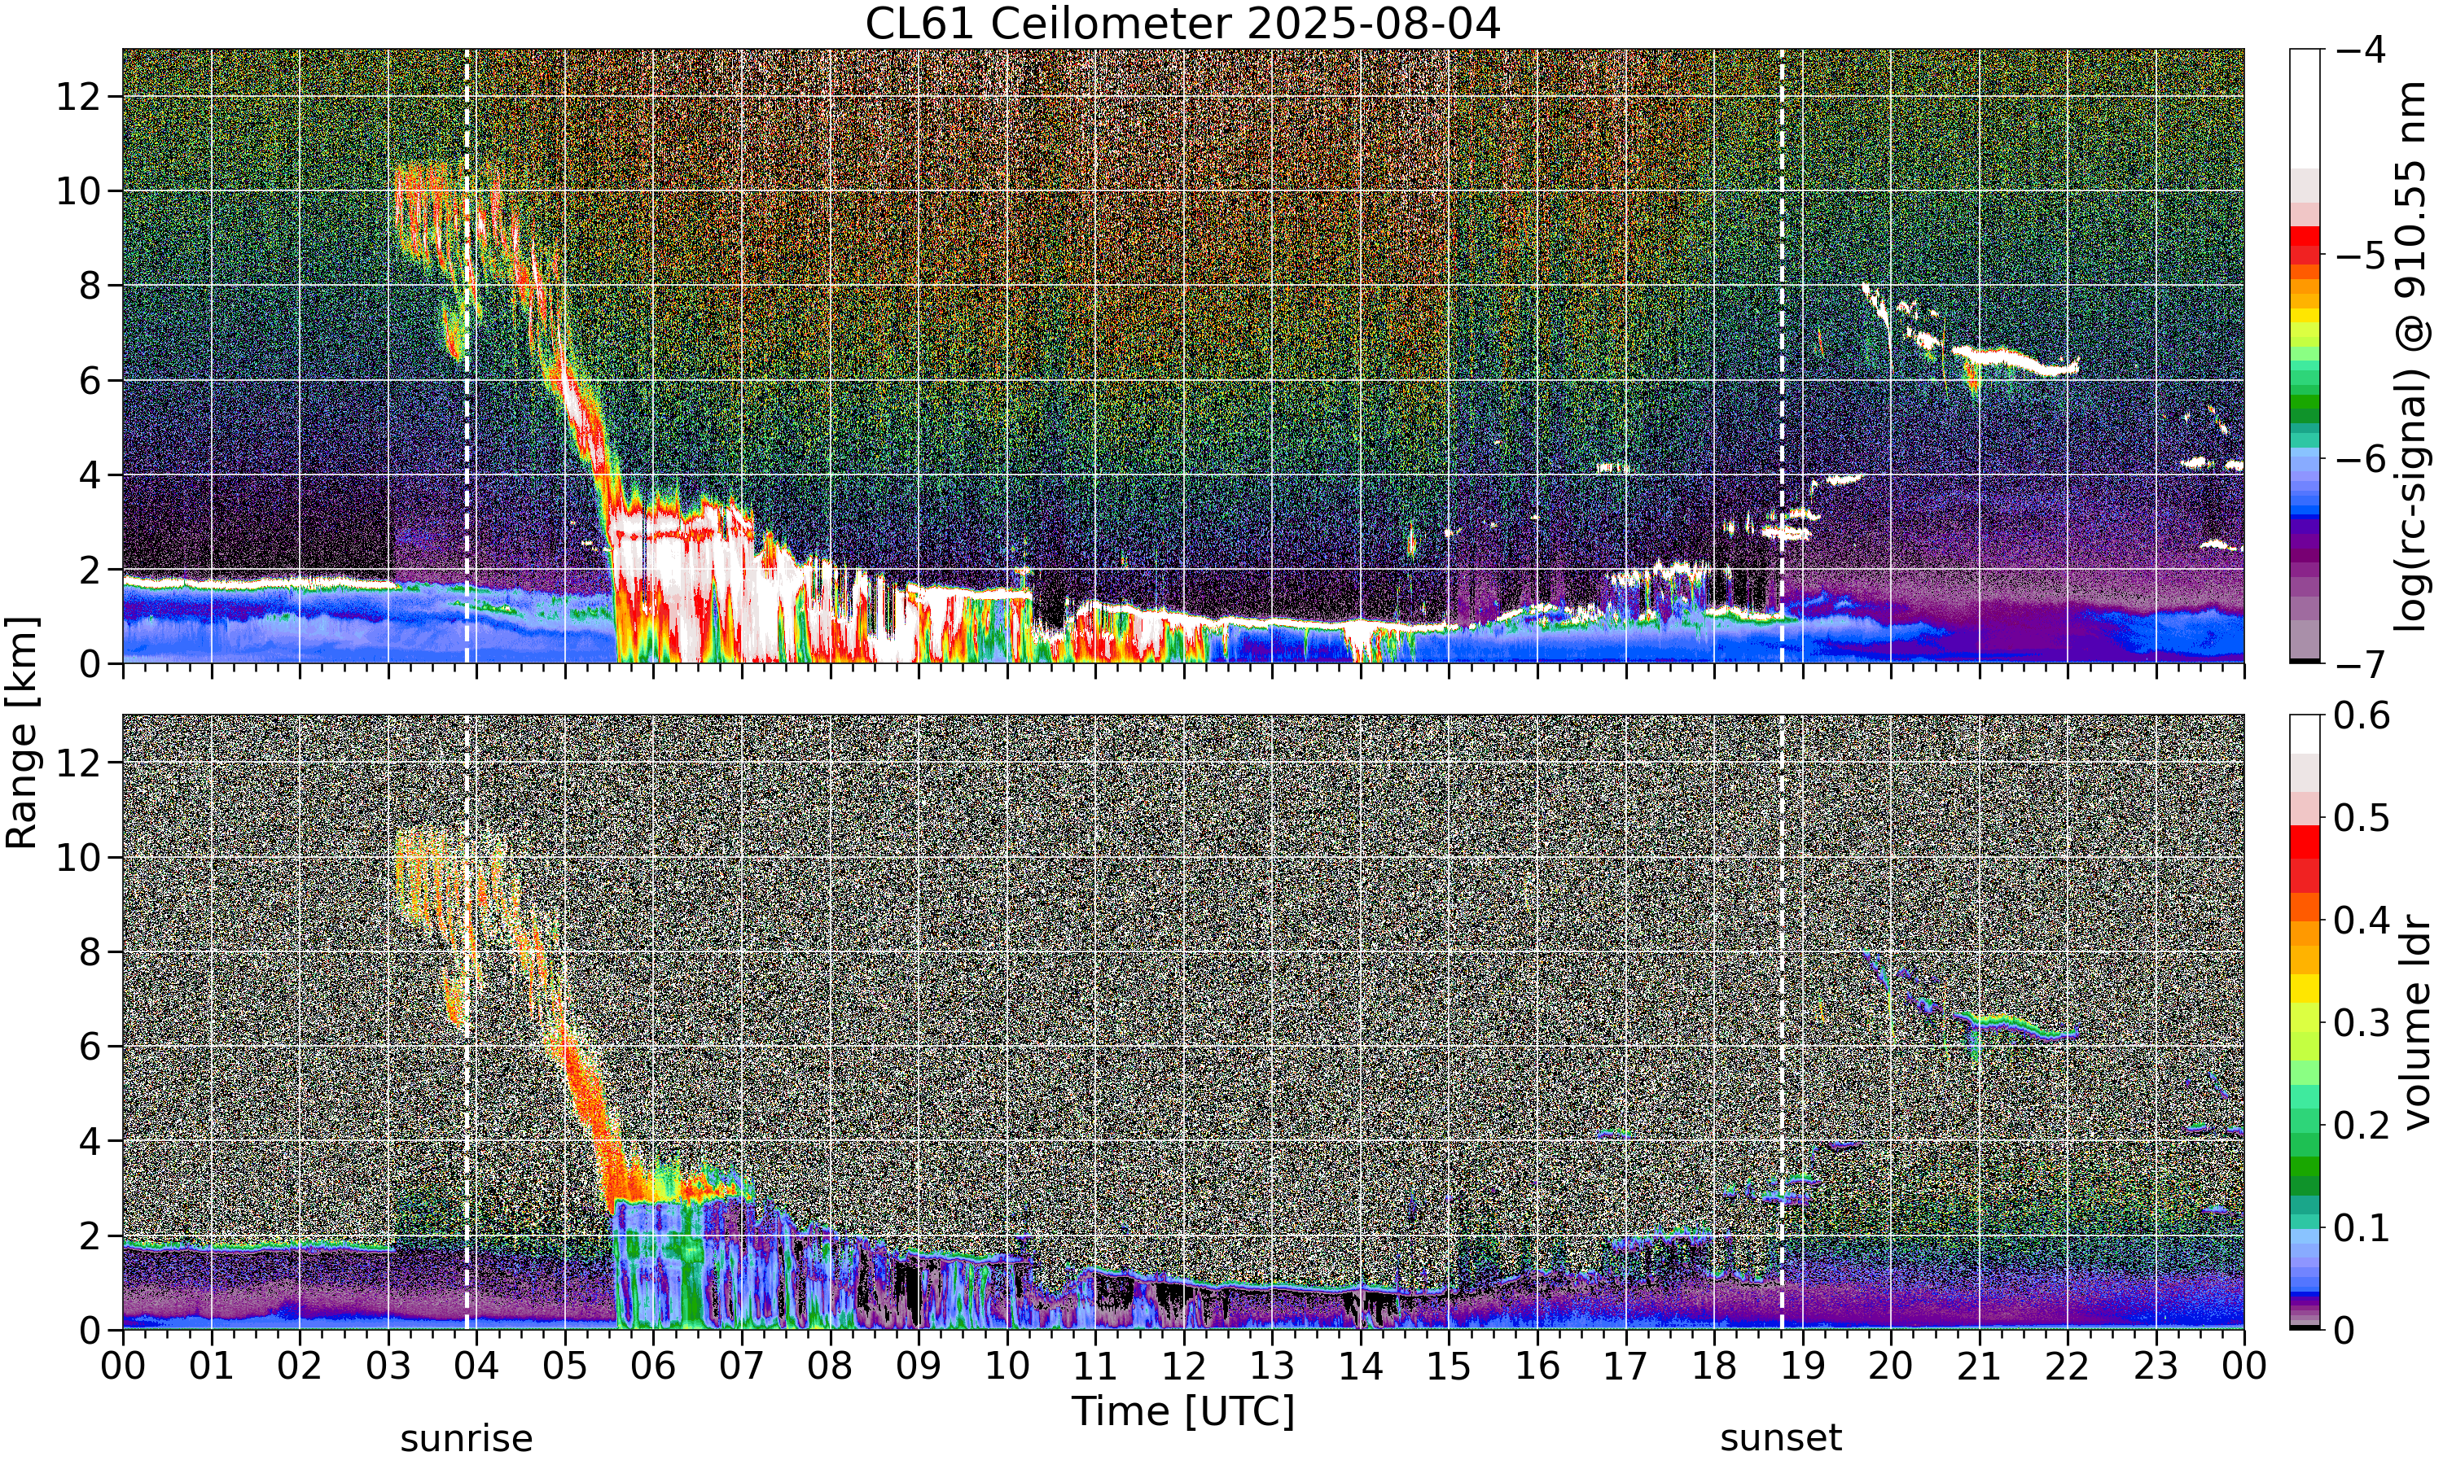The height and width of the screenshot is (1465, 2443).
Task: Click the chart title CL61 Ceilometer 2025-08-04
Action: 1182,24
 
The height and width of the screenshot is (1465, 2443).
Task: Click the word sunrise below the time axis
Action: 466,1438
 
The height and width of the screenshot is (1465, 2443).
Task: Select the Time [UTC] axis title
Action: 1182,1412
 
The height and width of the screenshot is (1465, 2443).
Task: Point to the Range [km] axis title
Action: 22,732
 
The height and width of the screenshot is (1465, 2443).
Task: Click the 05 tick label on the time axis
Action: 565,1367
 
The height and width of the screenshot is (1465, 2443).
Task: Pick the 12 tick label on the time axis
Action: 1183,1367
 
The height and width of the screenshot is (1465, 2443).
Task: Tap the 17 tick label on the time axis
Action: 1625,1367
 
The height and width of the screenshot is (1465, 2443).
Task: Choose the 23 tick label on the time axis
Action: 2156,1367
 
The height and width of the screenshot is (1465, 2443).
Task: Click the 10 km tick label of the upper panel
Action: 78,190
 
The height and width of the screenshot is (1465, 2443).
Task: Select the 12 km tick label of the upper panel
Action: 78,97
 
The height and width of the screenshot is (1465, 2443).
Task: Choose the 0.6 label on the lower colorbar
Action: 2362,715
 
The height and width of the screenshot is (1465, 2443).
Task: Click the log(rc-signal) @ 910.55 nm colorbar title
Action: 2410,356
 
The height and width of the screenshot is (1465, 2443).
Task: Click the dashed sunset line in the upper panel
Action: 1782,356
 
